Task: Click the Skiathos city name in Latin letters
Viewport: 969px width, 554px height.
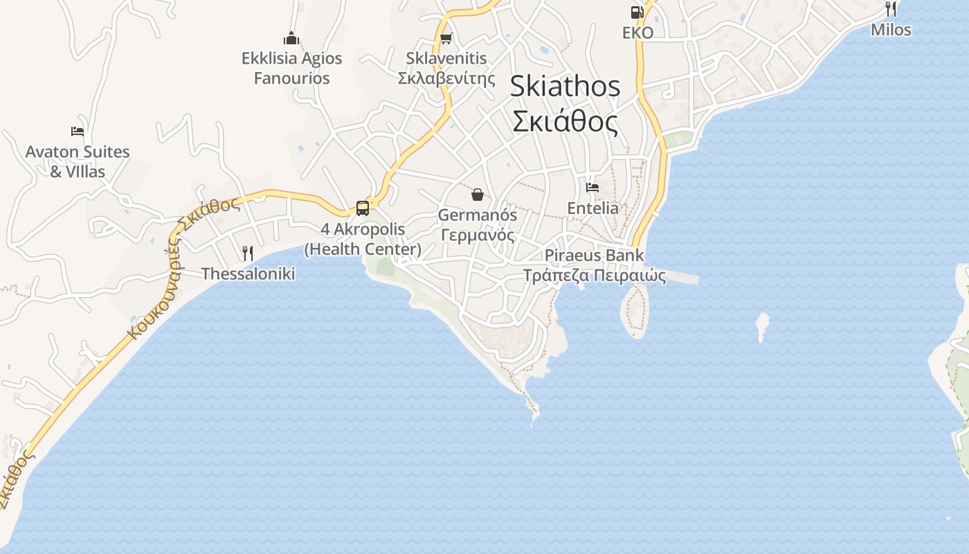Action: click(565, 87)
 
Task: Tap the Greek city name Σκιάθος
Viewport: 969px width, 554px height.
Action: click(565, 121)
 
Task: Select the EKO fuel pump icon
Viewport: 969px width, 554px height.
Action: click(637, 12)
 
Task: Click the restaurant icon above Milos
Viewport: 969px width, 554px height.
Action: click(891, 9)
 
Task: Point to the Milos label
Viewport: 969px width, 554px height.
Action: click(891, 30)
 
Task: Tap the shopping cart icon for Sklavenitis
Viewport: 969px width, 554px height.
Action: click(446, 38)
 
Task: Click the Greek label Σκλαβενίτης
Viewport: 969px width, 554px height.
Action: click(446, 78)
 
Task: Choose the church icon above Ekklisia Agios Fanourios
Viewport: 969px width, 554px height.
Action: click(292, 37)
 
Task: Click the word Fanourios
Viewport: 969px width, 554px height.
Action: click(291, 78)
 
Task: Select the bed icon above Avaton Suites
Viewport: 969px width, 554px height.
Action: click(78, 131)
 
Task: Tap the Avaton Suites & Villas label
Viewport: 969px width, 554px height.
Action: click(78, 161)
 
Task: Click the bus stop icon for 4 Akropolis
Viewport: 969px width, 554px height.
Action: click(363, 208)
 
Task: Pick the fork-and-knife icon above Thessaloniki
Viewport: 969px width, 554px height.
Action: click(248, 253)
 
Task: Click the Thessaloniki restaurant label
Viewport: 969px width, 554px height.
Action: click(248, 274)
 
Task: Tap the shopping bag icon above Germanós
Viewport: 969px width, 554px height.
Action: click(478, 195)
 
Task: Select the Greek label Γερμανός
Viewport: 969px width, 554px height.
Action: click(478, 235)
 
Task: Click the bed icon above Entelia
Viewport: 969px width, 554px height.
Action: click(592, 187)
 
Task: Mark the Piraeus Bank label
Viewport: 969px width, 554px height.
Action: click(594, 255)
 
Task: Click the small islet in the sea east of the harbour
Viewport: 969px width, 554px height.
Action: click(762, 325)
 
